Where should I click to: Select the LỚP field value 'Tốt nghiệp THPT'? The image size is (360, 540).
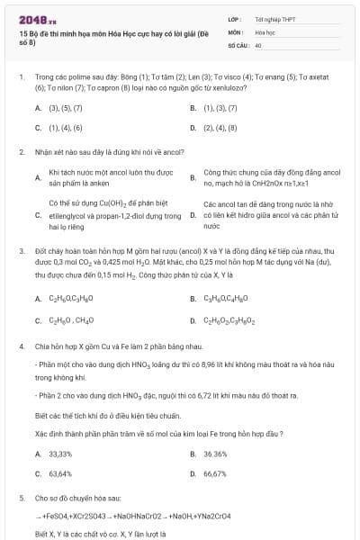pyautogui.click(x=274, y=18)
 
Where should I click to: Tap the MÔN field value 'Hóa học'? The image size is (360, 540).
pyautogui.click(x=265, y=31)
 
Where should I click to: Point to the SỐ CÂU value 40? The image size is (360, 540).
pyautogui.click(x=258, y=44)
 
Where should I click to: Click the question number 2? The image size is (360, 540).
pyautogui.click(x=21, y=152)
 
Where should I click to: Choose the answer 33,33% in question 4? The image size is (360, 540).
pyautogui.click(x=60, y=454)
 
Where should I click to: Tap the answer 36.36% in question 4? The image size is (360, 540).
pyautogui.click(x=215, y=454)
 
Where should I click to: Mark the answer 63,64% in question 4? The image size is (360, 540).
pyautogui.click(x=60, y=473)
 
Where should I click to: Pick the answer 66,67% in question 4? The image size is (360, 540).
pyautogui.click(x=215, y=473)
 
